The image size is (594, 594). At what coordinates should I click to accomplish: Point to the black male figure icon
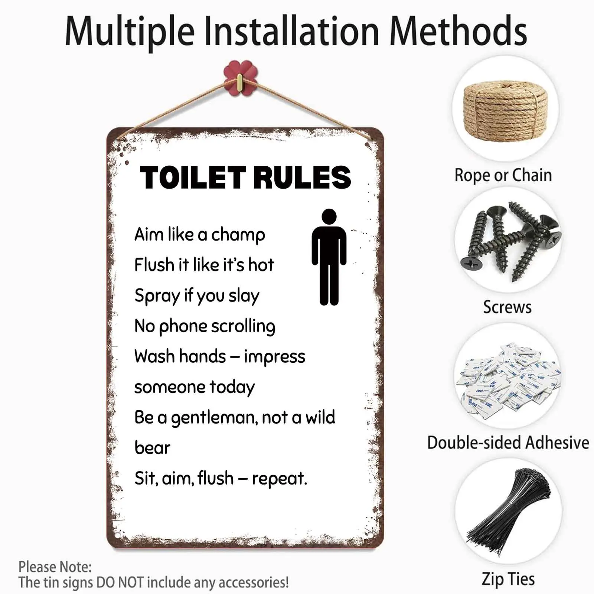click(329, 257)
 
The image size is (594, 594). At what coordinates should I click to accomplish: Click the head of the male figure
click(329, 216)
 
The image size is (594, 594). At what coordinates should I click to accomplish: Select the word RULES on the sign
click(302, 177)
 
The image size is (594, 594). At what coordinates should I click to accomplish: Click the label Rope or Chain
click(503, 175)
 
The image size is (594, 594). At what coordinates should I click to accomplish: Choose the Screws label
click(507, 307)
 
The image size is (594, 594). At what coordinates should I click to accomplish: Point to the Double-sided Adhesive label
click(508, 443)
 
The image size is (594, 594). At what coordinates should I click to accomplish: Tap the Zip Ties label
click(508, 579)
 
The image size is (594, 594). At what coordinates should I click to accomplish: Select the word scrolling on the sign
click(243, 327)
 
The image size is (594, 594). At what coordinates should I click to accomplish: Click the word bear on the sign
click(152, 448)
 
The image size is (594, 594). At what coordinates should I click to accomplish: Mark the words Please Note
click(55, 567)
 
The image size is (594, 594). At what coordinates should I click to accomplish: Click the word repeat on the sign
click(279, 479)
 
